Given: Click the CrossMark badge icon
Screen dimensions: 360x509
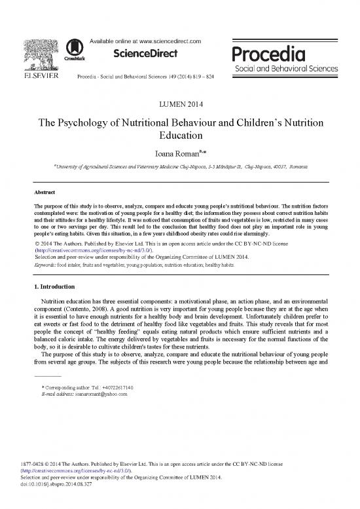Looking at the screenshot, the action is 78,51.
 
